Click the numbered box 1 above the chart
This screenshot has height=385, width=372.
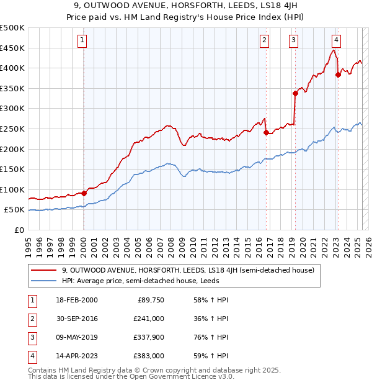[82, 41]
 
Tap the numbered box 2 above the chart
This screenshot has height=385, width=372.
[264, 41]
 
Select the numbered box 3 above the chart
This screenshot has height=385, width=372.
[293, 41]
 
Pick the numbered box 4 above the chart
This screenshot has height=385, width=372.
[335, 41]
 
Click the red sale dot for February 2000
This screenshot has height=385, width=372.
[84, 193]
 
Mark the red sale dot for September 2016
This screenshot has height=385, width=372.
[266, 132]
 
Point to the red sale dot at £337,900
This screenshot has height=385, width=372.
[295, 93]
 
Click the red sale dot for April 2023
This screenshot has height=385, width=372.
[338, 75]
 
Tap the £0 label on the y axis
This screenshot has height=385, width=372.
[19, 230]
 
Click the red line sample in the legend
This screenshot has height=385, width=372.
[43, 270]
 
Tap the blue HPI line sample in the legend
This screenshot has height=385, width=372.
[43, 280]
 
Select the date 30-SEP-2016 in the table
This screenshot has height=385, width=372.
[76, 319]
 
